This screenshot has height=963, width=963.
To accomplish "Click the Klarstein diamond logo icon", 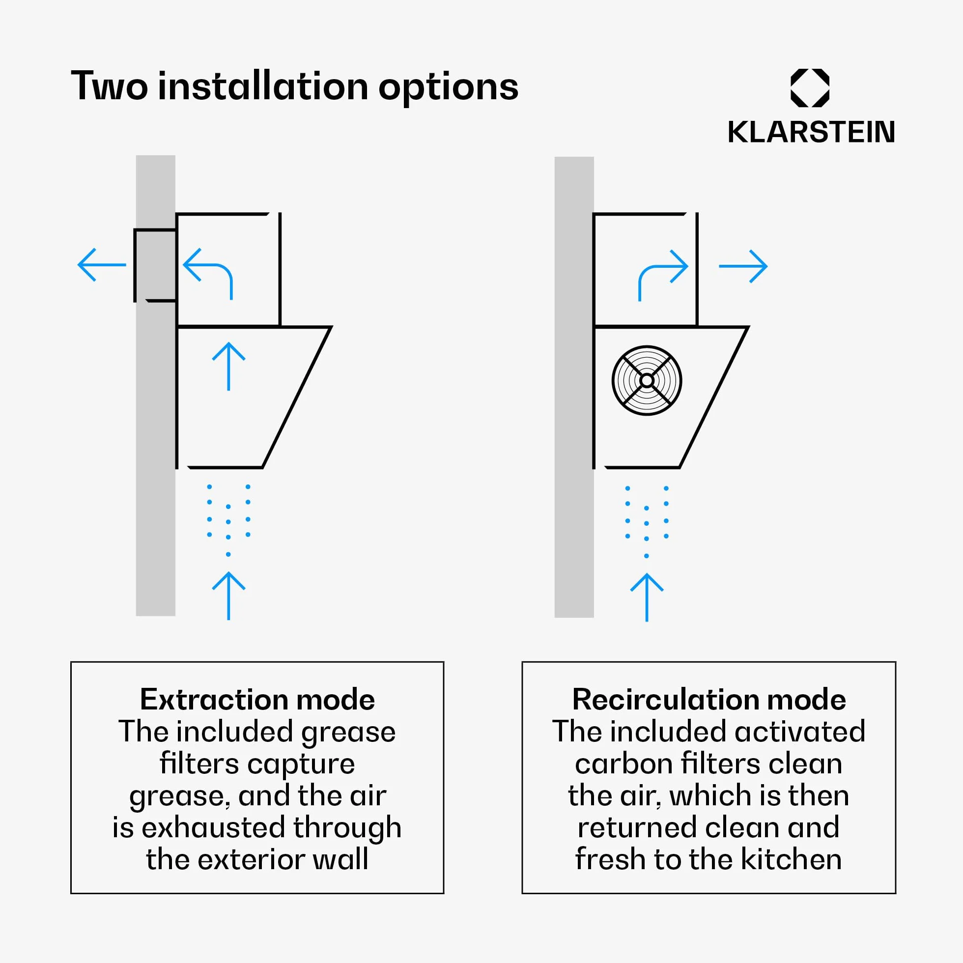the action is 810,88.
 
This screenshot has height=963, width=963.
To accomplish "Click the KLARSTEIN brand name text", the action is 811,132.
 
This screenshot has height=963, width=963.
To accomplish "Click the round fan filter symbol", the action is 647,380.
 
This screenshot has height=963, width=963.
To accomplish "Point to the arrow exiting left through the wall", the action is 102,265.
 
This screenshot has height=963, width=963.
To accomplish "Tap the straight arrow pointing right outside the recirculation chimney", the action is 743,267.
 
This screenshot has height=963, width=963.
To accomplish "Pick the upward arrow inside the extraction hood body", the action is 228,367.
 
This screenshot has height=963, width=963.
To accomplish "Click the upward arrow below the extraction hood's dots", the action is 228,595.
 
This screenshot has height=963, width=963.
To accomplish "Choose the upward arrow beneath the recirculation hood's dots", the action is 647,597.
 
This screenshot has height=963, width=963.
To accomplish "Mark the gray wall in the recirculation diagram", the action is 574,387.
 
